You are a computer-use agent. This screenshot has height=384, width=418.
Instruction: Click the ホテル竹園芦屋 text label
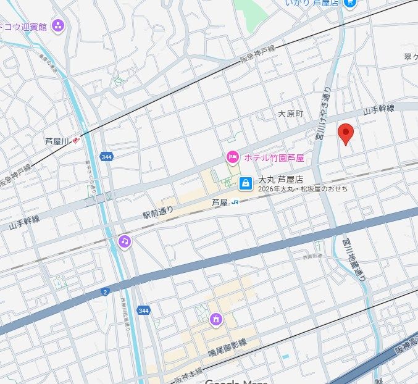click(x=274, y=158)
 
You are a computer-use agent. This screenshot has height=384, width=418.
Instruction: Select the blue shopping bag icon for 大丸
click(x=246, y=182)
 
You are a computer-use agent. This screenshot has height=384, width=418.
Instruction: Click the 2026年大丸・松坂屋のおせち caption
click(x=303, y=189)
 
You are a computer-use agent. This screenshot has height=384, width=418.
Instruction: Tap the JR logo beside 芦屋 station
click(x=236, y=202)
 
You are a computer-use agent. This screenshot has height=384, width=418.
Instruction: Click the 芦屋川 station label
click(x=59, y=141)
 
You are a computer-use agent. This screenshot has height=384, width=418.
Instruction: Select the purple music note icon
click(x=125, y=241)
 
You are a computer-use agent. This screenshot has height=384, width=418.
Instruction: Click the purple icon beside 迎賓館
click(x=58, y=26)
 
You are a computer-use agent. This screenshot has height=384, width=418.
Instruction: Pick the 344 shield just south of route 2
click(x=143, y=310)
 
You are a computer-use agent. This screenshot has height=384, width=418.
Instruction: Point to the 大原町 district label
click(x=290, y=114)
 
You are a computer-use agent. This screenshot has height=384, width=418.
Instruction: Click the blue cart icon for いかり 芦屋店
click(x=351, y=3)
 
